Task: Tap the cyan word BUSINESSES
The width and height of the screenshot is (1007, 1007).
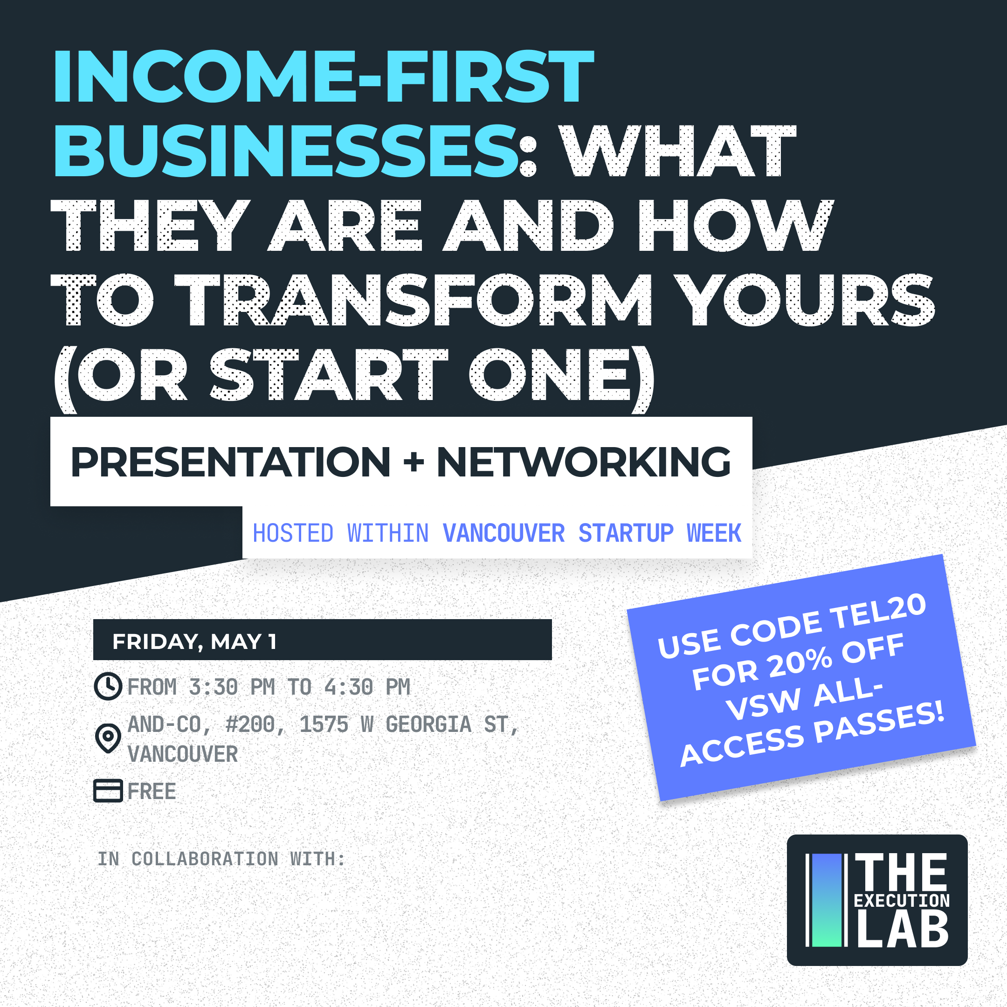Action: [286, 151]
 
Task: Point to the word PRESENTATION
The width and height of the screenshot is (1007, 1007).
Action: [230, 462]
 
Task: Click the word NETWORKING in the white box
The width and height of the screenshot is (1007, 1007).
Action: [584, 462]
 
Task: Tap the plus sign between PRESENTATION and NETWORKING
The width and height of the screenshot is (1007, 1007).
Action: [414, 462]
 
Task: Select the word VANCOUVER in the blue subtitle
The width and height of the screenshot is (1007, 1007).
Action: [504, 533]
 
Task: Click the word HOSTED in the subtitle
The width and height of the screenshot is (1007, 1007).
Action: [293, 533]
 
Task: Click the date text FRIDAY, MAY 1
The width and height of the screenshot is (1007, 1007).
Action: [194, 641]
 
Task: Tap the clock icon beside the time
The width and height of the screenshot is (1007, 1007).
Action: [108, 686]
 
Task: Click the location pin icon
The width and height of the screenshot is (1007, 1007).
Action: [108, 738]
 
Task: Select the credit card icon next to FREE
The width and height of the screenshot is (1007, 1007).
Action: [108, 791]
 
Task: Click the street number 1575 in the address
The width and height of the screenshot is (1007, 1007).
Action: [324, 724]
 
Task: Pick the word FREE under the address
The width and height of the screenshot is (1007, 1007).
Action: [152, 791]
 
